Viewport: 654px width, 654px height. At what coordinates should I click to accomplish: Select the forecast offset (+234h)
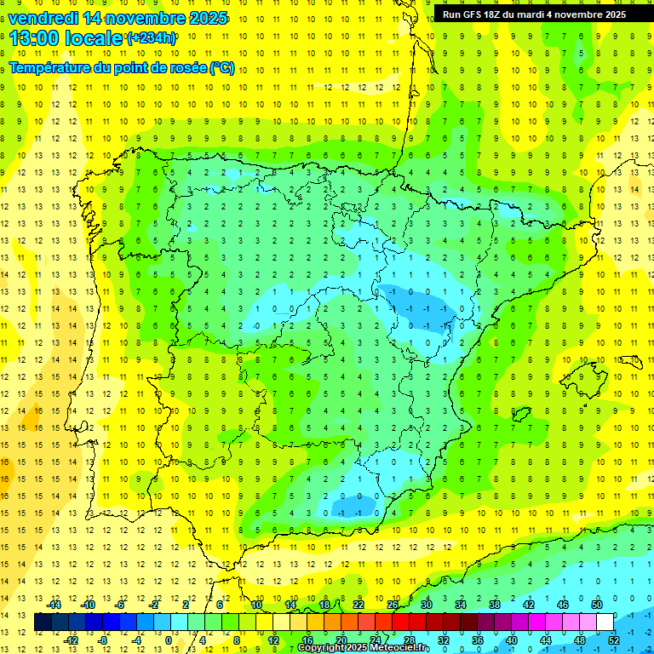coord(152,37)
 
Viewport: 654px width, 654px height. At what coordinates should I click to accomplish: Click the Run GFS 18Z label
coord(475,14)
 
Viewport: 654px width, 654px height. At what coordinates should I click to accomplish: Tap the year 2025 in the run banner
coord(611,14)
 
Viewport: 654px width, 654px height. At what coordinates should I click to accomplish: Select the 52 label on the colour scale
coord(614,640)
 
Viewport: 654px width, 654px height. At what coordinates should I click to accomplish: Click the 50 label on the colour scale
coord(597,605)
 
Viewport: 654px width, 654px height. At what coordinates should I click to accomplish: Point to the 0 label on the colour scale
coord(169,640)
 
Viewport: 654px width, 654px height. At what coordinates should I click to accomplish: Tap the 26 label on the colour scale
coord(393,605)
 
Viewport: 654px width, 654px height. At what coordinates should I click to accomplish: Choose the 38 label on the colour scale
coord(495,605)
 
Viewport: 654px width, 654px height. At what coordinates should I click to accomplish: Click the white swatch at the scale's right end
coord(605,622)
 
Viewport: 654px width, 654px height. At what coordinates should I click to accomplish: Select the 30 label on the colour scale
coord(427,605)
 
